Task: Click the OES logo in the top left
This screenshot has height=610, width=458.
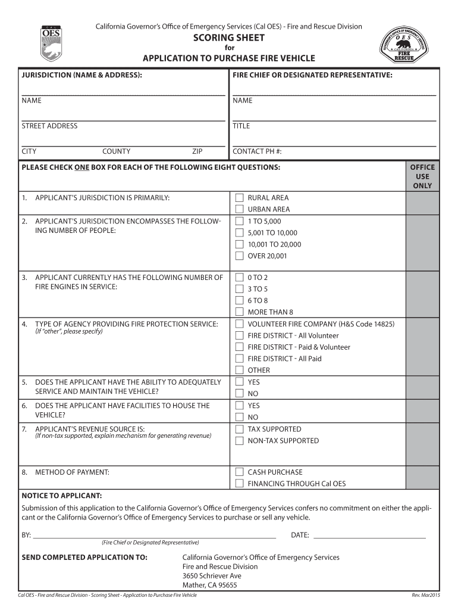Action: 51,42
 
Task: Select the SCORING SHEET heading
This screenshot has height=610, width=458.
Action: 228,38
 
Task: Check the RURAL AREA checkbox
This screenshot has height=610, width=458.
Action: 239,198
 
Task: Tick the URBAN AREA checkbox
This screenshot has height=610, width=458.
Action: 239,209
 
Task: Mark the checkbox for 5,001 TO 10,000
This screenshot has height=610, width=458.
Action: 239,233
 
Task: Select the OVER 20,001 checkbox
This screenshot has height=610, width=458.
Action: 239,256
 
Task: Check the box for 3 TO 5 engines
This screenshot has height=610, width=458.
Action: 239,289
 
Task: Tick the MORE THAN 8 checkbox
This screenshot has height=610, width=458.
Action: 239,312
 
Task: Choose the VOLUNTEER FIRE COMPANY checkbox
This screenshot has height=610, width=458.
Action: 239,324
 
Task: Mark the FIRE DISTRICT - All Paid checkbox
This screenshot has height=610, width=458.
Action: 239,359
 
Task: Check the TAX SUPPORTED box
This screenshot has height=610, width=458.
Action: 239,429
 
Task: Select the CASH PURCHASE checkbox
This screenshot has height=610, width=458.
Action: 239,472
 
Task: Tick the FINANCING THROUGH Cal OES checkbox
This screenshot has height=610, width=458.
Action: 239,484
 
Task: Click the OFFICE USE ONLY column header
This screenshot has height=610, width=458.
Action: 422,176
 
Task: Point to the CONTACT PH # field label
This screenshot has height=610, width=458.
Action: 257,151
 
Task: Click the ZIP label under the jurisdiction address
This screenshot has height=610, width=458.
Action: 197,151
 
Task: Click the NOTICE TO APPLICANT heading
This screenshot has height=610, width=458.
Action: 62,496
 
